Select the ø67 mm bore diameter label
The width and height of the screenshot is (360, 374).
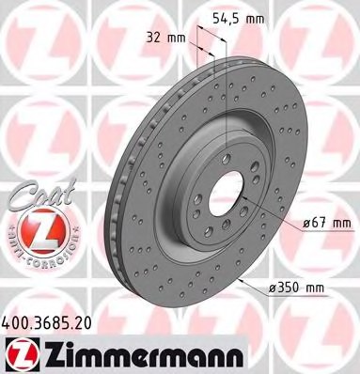click(324, 223)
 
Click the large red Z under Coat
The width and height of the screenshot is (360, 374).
click(31, 228)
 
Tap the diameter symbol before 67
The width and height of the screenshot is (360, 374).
click(306, 223)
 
